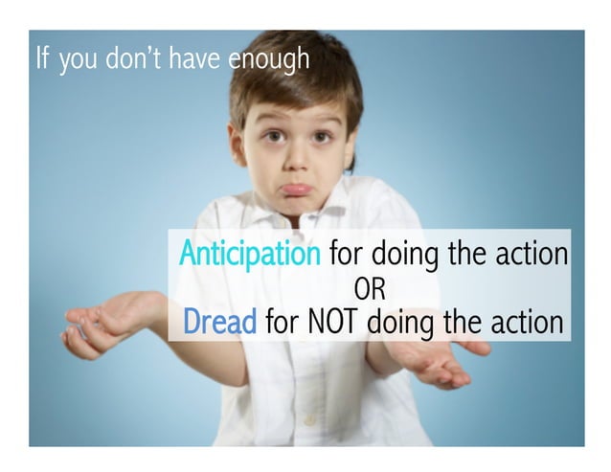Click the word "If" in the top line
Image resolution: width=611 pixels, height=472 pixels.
point(41,58)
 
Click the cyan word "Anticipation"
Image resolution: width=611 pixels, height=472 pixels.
point(250,256)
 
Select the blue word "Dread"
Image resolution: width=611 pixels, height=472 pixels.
point(219,322)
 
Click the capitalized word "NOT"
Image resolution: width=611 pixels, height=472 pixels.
point(333,322)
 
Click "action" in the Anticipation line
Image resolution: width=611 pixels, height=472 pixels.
point(529,256)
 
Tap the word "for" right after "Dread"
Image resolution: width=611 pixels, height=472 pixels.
point(282,322)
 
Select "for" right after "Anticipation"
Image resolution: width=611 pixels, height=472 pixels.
point(346,256)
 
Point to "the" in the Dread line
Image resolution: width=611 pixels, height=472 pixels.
point(461,322)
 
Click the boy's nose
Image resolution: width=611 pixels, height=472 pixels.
point(294,159)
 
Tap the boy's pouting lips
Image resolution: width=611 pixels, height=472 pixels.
point(296,190)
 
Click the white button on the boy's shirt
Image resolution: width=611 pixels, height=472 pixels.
point(309,418)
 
